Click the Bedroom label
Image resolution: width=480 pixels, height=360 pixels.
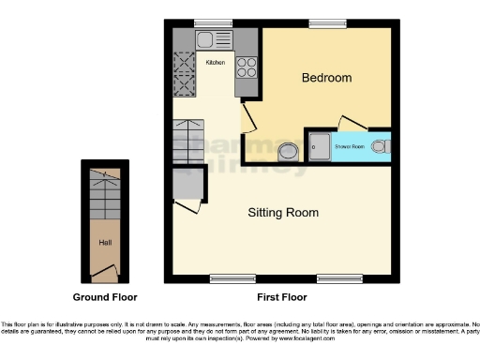(326, 78)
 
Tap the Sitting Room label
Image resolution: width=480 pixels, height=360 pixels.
(282, 213)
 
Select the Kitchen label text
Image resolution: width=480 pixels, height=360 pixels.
(215, 63)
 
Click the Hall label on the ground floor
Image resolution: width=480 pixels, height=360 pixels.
(105, 242)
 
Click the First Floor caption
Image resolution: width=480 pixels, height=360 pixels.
(282, 296)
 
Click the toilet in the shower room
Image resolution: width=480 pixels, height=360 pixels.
(380, 146)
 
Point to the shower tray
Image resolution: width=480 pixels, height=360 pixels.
(319, 146)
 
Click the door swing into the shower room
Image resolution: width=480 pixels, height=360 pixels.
(351, 126)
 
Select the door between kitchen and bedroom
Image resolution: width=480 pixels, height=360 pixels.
(248, 117)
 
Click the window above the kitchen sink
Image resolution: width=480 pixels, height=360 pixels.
(212, 22)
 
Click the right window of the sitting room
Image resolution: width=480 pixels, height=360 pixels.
(333, 278)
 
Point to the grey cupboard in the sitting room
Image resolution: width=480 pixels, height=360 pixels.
(187, 184)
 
